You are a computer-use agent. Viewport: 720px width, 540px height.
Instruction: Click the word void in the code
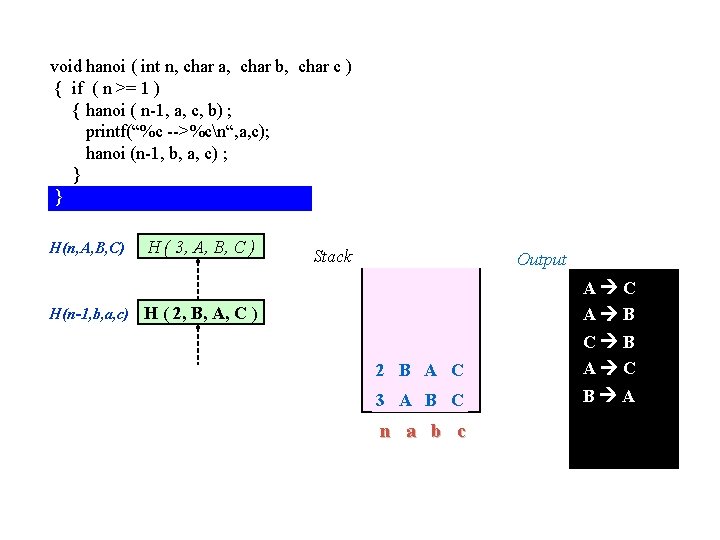pyautogui.click(x=66, y=66)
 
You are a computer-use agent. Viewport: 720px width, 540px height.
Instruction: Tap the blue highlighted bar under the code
pyautogui.click(x=180, y=198)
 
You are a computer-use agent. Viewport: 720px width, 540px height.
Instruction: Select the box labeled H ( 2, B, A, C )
pyautogui.click(x=202, y=314)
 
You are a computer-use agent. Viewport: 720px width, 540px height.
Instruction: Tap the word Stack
pyautogui.click(x=332, y=257)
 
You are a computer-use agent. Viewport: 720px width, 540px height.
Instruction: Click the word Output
pyautogui.click(x=541, y=260)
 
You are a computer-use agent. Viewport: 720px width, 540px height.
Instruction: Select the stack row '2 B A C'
pyautogui.click(x=419, y=370)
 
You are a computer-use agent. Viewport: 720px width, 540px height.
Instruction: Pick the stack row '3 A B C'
pyautogui.click(x=419, y=400)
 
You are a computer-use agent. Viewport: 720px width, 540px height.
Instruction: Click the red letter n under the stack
pyautogui.click(x=384, y=432)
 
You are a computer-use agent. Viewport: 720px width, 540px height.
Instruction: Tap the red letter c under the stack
pyautogui.click(x=460, y=432)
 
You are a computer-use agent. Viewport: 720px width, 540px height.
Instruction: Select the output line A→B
pyautogui.click(x=609, y=315)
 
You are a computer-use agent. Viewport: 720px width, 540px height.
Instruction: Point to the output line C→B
pyautogui.click(x=609, y=342)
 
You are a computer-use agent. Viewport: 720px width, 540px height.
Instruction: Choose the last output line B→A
pyautogui.click(x=609, y=396)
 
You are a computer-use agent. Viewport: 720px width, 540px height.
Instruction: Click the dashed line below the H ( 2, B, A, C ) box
pyautogui.click(x=198, y=346)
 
